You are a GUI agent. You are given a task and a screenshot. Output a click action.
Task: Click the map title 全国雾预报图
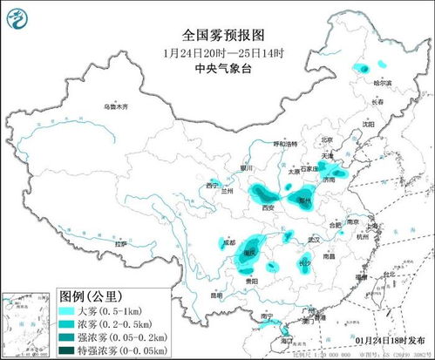coord(218,35)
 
